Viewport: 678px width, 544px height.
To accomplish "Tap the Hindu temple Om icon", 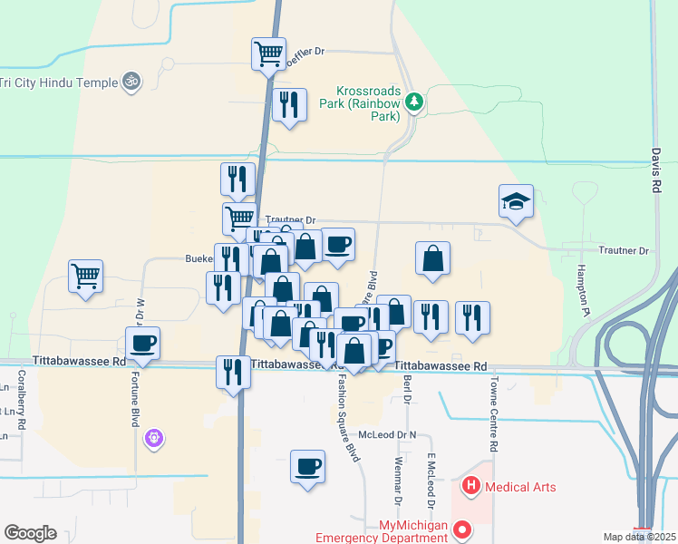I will pyautogui.click(x=131, y=82).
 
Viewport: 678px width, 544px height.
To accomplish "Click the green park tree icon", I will pyautogui.click(x=414, y=102).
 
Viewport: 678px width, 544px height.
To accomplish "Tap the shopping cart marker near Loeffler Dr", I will pyautogui.click(x=268, y=53).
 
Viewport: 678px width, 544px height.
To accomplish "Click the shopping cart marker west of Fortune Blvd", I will pyautogui.click(x=85, y=275).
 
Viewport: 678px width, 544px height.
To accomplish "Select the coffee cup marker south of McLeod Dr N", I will pyautogui.click(x=308, y=466).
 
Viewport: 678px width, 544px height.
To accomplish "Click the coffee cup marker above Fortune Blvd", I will pyautogui.click(x=143, y=343).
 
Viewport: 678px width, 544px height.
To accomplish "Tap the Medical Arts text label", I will pyautogui.click(x=520, y=487).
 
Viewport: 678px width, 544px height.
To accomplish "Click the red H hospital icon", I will pyautogui.click(x=471, y=487).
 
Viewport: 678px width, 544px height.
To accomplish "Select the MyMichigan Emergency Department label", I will pyautogui.click(x=381, y=531).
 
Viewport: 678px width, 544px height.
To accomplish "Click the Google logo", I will pyautogui.click(x=30, y=533).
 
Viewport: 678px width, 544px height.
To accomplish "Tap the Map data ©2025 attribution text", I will pyautogui.click(x=638, y=537).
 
